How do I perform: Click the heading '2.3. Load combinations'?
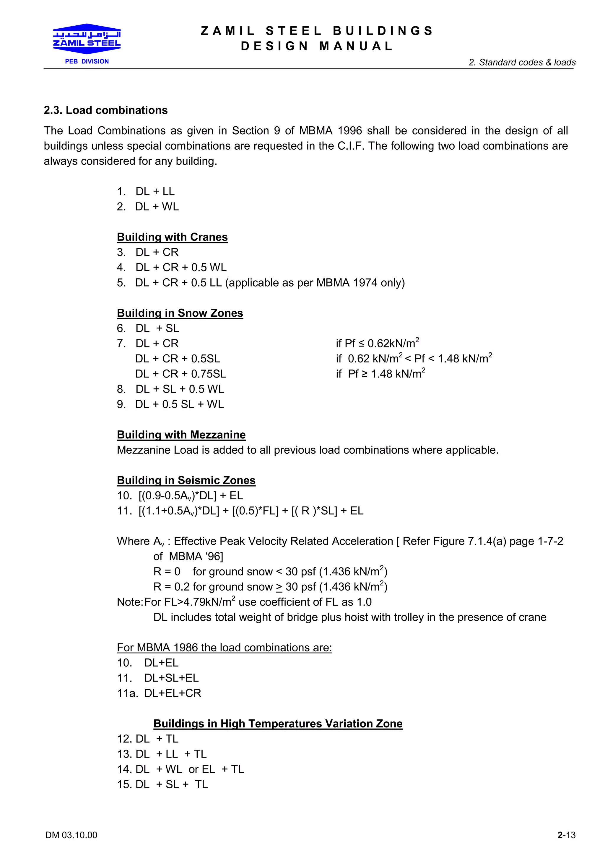(x=105, y=110)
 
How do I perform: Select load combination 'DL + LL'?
(x=155, y=192)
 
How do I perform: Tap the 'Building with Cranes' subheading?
(x=172, y=237)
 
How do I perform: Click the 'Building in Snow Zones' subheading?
(x=180, y=313)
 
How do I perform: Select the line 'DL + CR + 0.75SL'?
(x=180, y=374)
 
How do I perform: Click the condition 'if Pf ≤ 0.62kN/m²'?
(x=377, y=343)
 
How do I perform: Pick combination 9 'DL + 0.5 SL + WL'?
(x=179, y=404)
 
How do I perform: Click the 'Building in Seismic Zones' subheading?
(x=186, y=480)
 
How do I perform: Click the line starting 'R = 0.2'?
(x=270, y=587)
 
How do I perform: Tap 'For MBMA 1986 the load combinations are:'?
(x=225, y=648)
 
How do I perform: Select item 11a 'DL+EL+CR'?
(x=173, y=693)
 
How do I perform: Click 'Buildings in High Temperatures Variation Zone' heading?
(x=278, y=724)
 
